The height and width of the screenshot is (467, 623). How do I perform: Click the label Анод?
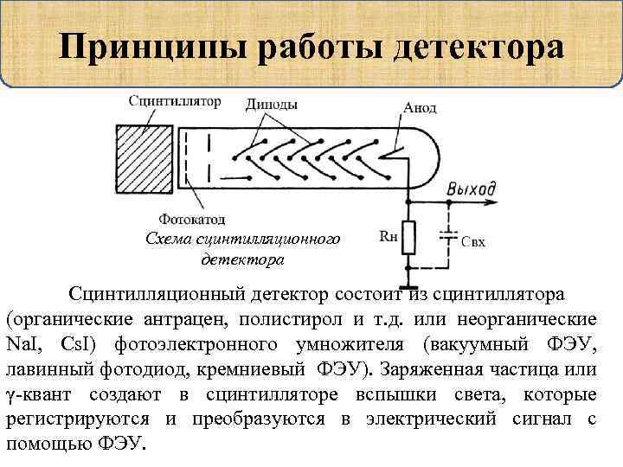point(420,110)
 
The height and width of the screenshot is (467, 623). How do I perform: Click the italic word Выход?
point(472,189)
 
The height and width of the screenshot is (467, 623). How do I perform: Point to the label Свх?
point(473,242)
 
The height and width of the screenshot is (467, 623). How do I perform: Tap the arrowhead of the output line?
point(495,202)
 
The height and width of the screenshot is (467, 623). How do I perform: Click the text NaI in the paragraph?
point(22,345)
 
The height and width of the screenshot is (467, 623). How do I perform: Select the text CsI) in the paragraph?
point(82,345)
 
